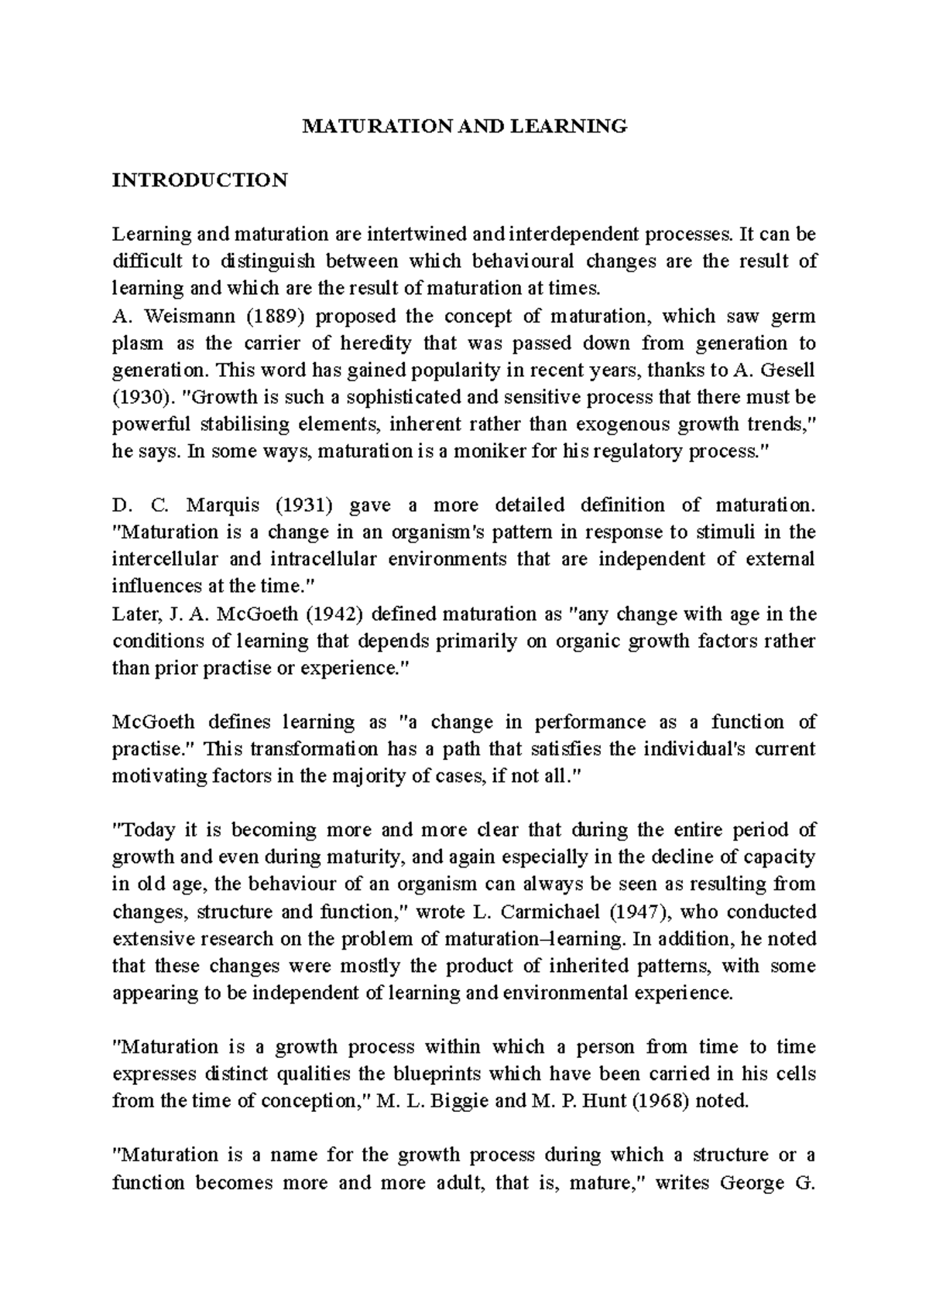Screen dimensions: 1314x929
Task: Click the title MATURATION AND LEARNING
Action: (464, 126)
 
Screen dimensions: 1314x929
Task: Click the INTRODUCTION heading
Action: (200, 180)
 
